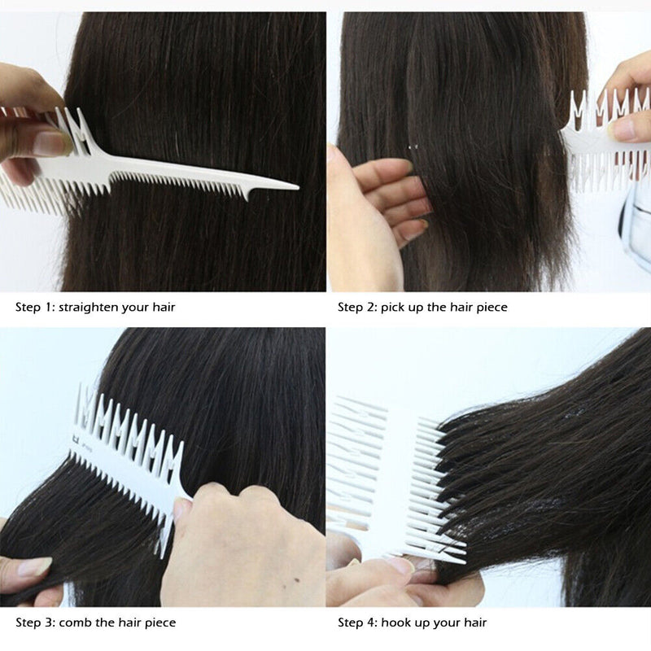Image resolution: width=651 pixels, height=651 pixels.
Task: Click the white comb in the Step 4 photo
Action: (382, 472)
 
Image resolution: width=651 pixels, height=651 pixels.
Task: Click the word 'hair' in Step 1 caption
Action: (162, 308)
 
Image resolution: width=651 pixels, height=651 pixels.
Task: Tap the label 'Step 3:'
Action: (34, 623)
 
